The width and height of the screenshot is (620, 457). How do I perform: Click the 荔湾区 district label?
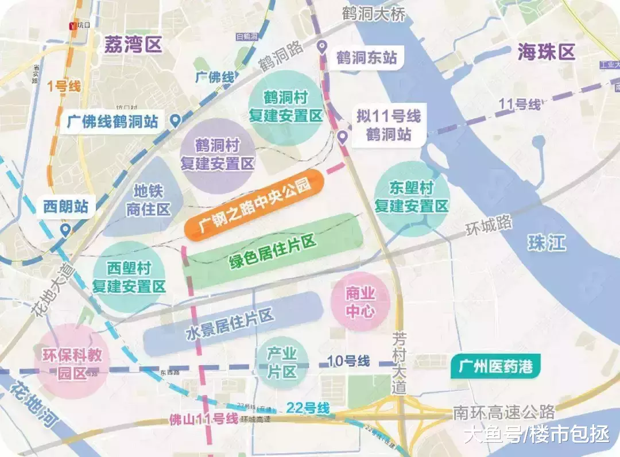pyautogui.click(x=133, y=45)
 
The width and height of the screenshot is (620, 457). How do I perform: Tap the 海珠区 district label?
pyautogui.click(x=546, y=52)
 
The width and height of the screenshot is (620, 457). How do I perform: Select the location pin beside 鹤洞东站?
pyautogui.click(x=323, y=47)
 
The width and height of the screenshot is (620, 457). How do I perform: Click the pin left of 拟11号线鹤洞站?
pyautogui.click(x=342, y=137)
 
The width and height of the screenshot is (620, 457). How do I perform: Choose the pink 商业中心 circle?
pyautogui.click(x=361, y=302)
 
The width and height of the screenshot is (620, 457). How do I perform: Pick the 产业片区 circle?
pyautogui.click(x=282, y=363)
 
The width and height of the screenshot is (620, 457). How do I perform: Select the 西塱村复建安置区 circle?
pyautogui.click(x=129, y=277)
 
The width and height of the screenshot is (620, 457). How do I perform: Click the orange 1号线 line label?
pyautogui.click(x=64, y=87)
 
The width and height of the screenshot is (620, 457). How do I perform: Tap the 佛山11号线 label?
pyautogui.click(x=204, y=419)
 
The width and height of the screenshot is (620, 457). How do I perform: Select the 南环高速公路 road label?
pyautogui.click(x=504, y=412)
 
